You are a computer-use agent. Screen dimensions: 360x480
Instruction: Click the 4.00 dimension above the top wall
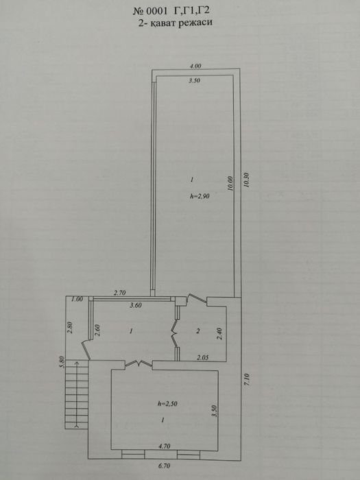[195, 66]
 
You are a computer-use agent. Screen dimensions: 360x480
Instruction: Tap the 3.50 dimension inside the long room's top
[194, 81]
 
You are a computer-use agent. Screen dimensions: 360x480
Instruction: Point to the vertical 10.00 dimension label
[230, 183]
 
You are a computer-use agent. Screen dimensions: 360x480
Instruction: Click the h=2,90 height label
[200, 197]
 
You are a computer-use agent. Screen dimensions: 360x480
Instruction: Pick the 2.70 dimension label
[120, 293]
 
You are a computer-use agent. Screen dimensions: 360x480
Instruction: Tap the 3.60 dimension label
[136, 305]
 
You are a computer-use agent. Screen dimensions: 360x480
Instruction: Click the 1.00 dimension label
[77, 299]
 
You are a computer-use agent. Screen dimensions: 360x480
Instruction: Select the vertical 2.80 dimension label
[71, 328]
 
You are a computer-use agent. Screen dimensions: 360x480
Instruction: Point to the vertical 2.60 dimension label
[97, 331]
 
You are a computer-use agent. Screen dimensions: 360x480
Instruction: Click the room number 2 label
[198, 331]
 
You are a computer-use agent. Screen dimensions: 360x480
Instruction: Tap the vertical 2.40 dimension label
[219, 334]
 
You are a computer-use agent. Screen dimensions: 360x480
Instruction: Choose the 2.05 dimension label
[203, 357]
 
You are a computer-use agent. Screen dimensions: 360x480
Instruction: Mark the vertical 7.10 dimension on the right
[248, 379]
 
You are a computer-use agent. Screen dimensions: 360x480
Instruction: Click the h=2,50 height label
[167, 403]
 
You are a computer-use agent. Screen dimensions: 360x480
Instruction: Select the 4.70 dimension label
[164, 446]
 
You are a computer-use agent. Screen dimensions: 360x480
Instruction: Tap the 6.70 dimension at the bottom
[164, 466]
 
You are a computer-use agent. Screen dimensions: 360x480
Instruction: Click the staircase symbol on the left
[77, 394]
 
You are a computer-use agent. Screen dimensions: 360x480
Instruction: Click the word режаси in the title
[194, 23]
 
